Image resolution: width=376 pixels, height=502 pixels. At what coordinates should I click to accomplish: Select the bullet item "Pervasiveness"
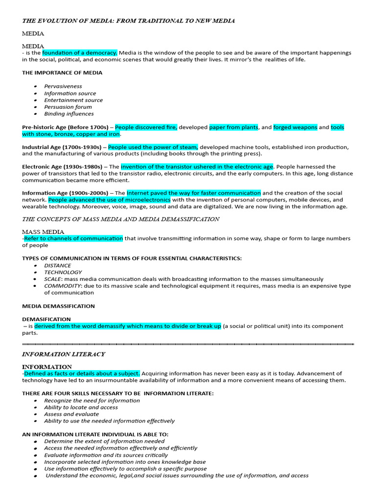pos(63,86)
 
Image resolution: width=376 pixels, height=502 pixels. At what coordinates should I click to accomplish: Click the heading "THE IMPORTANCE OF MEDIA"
pos(62,73)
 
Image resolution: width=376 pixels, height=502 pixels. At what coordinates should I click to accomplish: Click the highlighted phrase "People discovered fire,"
pos(146,127)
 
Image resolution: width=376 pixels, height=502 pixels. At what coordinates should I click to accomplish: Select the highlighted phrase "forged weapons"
pos(295,127)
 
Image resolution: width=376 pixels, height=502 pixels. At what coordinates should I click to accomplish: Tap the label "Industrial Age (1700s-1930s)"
pos(62,147)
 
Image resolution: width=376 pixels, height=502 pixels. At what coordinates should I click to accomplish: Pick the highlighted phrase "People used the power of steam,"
pos(153,147)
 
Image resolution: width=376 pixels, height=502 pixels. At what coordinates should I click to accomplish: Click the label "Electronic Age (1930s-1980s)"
pos(62,167)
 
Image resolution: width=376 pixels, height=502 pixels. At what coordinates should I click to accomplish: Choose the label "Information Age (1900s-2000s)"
pos(63,193)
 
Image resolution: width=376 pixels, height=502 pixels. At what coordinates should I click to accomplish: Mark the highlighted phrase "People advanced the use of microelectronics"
pos(109,200)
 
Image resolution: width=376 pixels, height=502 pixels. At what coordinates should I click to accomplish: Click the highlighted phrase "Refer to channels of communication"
pos(73,239)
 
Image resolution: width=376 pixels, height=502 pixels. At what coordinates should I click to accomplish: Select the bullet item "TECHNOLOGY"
pos(63,272)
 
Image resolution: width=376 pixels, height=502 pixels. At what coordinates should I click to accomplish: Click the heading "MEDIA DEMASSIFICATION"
pos(58,306)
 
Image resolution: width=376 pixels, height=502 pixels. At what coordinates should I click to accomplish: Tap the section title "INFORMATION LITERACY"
pos(64,354)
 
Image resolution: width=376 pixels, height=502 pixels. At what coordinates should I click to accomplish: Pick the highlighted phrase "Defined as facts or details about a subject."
pos(82,374)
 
